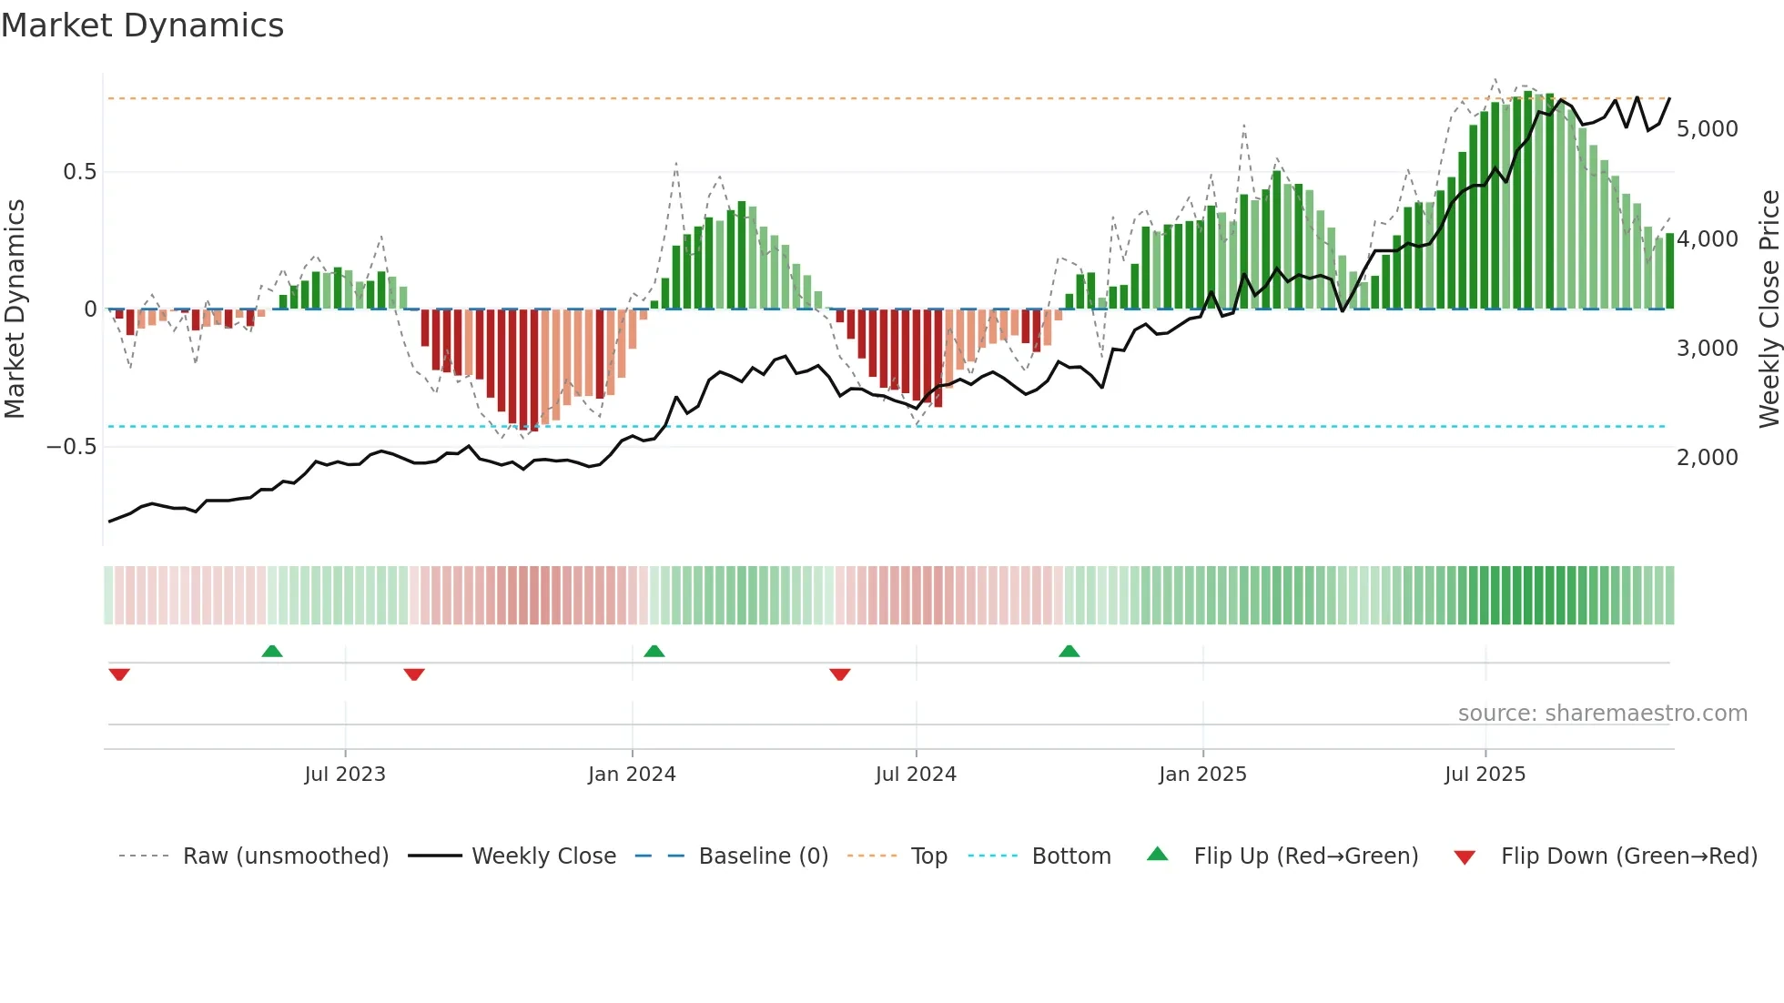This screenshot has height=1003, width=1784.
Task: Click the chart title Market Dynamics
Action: [x=142, y=25]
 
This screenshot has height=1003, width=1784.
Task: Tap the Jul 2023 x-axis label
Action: [x=345, y=775]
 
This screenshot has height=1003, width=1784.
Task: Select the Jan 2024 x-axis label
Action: [x=632, y=775]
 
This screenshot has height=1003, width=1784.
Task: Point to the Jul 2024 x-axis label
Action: [x=916, y=775]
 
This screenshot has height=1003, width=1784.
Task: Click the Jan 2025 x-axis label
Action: [x=1202, y=775]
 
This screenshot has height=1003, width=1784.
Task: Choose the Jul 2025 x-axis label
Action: [x=1485, y=775]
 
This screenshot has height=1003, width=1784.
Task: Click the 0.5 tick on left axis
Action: [x=79, y=172]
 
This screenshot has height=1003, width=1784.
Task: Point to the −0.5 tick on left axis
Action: [x=71, y=447]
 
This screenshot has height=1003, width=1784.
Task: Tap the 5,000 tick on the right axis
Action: [x=1707, y=129]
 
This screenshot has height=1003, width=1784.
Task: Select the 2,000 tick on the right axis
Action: [x=1707, y=458]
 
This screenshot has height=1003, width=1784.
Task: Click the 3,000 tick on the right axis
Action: [x=1707, y=349]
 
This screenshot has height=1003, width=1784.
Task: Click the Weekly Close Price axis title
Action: [x=1769, y=309]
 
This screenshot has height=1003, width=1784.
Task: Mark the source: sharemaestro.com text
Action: [x=1602, y=714]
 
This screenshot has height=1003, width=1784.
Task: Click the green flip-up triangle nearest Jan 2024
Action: [x=654, y=652]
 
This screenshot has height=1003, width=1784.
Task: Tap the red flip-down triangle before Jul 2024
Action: [x=840, y=674]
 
